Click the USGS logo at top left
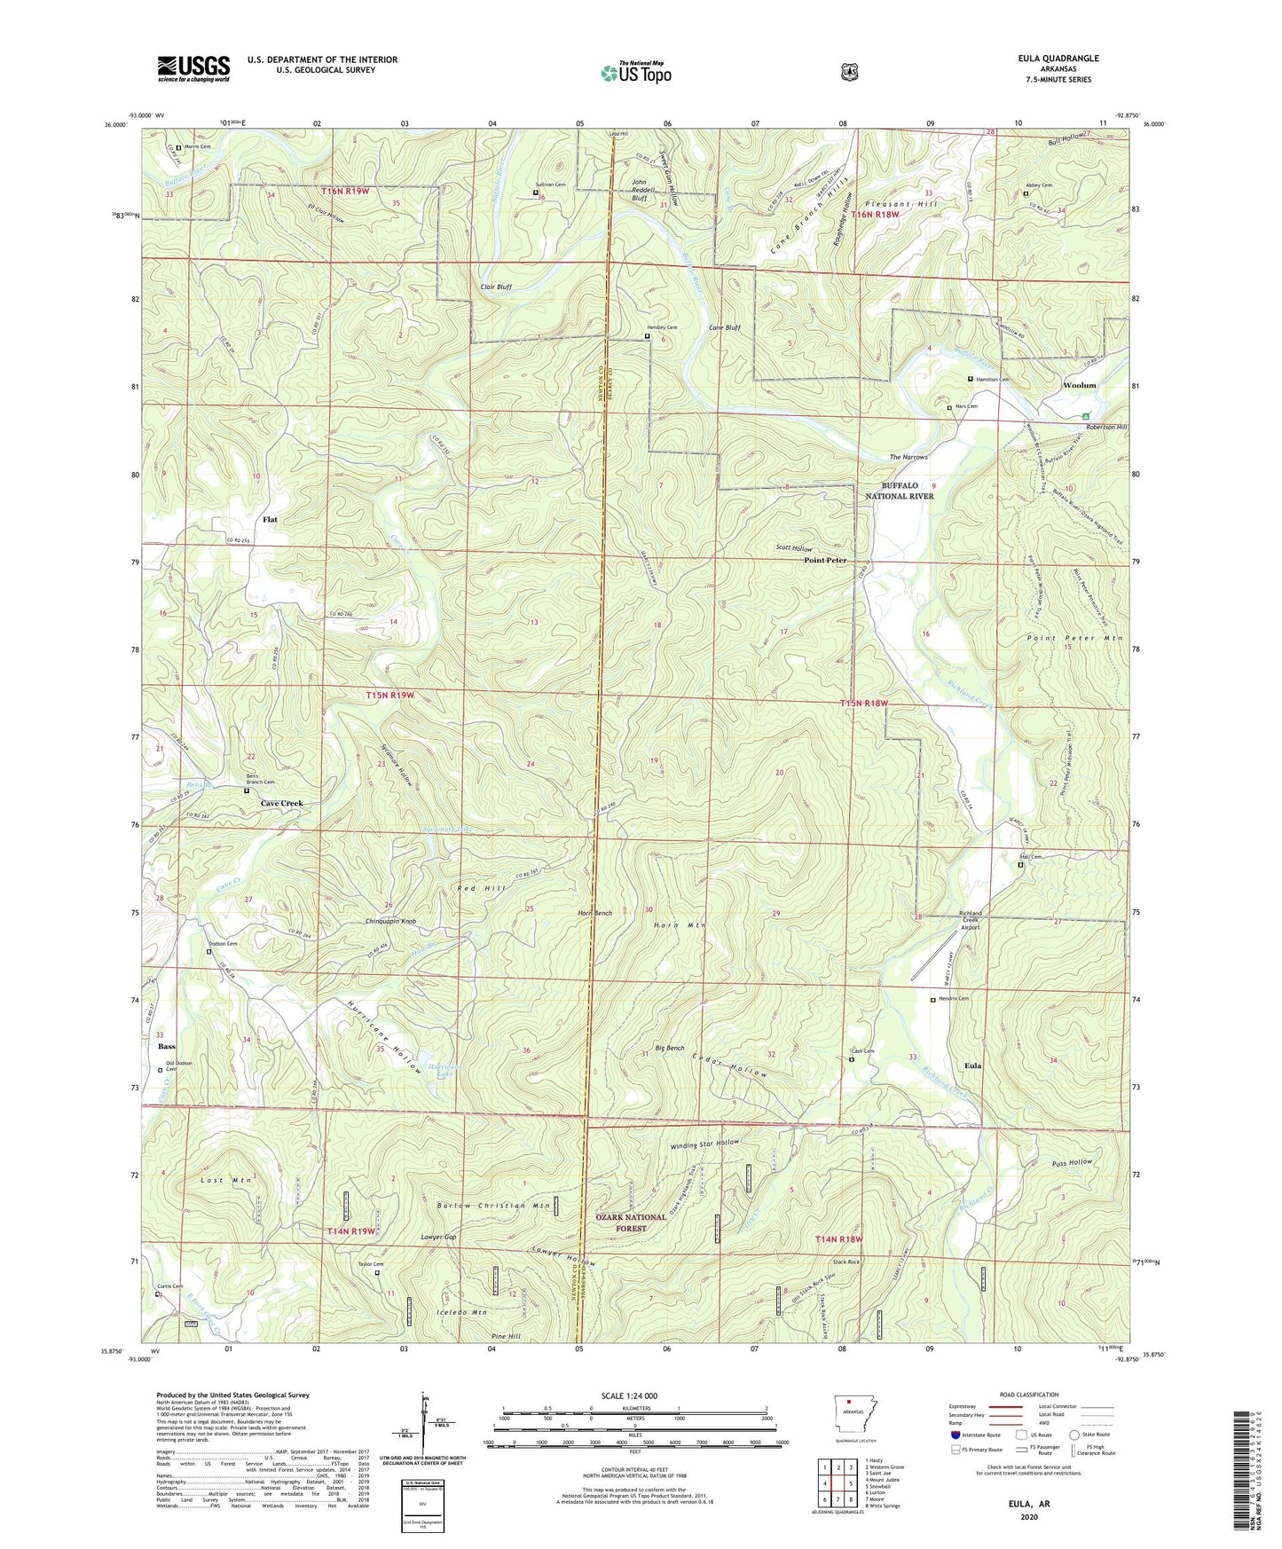click(x=193, y=68)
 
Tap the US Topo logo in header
click(x=635, y=73)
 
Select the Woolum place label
click(x=1079, y=385)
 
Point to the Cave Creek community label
click(x=281, y=803)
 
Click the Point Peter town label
click(x=824, y=561)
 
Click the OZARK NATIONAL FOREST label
click(x=631, y=1223)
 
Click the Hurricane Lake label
click(x=443, y=1070)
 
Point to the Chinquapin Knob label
click(x=390, y=921)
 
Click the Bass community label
click(x=166, y=1047)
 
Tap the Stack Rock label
click(x=845, y=1262)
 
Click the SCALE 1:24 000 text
click(x=629, y=1396)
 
